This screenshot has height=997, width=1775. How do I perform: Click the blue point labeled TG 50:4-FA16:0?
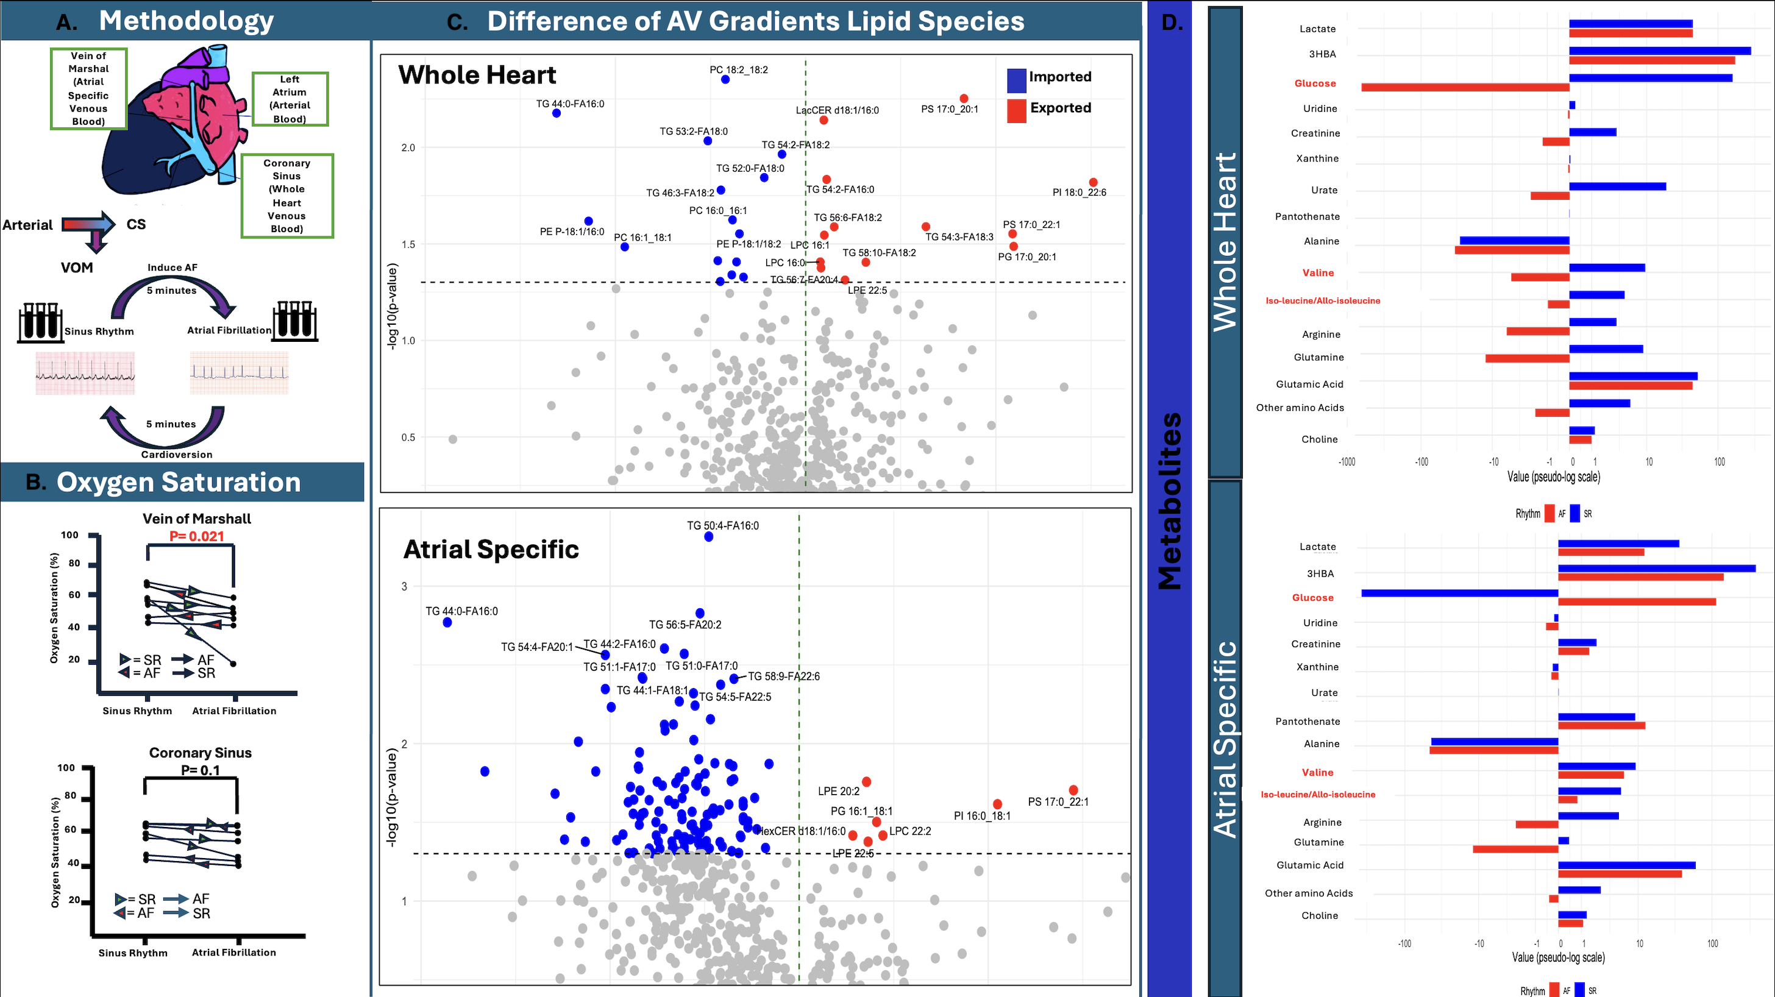click(708, 537)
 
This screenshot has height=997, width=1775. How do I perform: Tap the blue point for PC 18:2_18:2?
click(725, 80)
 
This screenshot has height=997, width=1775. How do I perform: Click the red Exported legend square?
click(1016, 110)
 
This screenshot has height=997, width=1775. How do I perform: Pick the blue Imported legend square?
click(1016, 80)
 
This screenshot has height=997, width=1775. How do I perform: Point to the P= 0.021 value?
click(196, 536)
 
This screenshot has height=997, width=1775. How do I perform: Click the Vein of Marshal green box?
click(88, 88)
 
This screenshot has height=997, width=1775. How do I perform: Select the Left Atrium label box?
click(290, 99)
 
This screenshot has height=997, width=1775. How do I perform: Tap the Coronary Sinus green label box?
click(286, 196)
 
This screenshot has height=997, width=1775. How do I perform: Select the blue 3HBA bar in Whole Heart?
click(1659, 51)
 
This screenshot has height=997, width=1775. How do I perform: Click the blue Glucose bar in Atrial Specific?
click(1459, 593)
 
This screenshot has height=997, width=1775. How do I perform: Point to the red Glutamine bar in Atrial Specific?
click(1515, 850)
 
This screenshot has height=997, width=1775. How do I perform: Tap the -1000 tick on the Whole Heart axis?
click(1346, 462)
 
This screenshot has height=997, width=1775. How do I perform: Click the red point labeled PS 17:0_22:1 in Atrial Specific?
click(1073, 790)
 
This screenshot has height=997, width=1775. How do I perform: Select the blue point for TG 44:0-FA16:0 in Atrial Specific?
click(447, 623)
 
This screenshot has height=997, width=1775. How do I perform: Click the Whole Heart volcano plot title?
click(477, 74)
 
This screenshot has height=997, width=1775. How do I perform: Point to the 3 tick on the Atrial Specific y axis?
click(405, 586)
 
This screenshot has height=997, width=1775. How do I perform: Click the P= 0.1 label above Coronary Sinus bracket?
click(200, 770)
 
